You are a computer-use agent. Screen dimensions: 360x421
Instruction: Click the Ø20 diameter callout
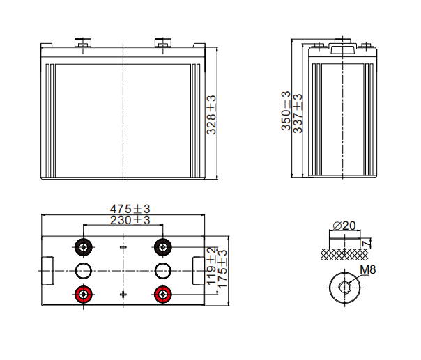(344, 226)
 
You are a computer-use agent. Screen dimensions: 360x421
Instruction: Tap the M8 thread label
(368, 270)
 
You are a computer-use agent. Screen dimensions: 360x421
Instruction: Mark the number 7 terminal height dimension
(366, 243)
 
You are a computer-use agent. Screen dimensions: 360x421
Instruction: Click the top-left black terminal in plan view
(84, 247)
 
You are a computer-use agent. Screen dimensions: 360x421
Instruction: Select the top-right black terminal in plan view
(163, 247)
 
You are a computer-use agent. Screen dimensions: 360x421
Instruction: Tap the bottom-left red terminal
(84, 294)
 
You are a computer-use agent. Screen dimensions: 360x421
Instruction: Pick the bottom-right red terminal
(163, 294)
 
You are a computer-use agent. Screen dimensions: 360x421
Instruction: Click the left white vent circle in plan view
(84, 270)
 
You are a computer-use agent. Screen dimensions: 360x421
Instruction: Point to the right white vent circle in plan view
(163, 270)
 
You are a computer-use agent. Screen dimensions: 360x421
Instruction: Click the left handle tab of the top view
(47, 270)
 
